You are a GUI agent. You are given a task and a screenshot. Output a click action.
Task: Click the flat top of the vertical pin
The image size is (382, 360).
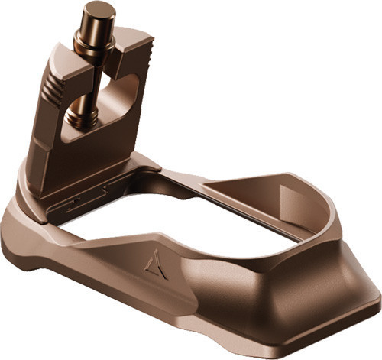point(99,9)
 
